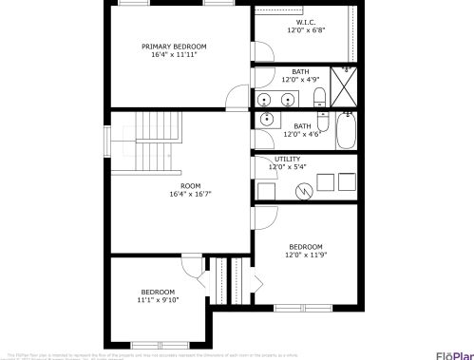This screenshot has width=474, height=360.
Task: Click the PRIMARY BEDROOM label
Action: [x=174, y=47]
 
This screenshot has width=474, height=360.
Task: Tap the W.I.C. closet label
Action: [x=305, y=22]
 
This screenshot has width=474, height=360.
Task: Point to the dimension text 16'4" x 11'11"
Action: [x=174, y=55]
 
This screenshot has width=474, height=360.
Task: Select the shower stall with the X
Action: [x=345, y=85]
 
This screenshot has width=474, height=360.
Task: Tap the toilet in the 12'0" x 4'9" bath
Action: [x=319, y=96]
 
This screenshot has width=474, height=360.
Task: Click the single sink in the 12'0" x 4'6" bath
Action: [x=268, y=120]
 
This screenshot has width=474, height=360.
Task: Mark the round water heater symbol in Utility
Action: [x=305, y=190]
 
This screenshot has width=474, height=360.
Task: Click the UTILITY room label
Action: [x=287, y=159]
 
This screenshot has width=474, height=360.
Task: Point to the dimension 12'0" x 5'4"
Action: [x=287, y=167]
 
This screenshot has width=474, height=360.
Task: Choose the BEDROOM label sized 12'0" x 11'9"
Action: [x=306, y=247]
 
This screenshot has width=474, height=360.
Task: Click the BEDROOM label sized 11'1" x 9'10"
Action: [x=158, y=292]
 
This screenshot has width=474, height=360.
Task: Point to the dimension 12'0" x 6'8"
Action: [x=306, y=30]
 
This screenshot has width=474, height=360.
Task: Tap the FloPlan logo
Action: [x=455, y=355]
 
